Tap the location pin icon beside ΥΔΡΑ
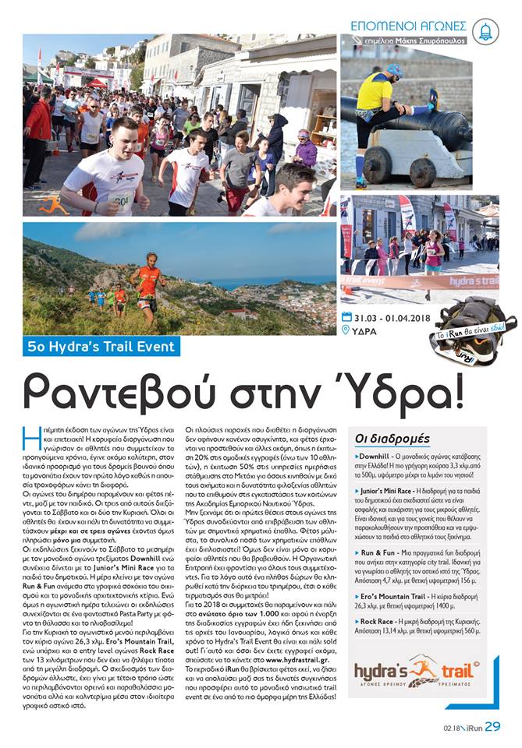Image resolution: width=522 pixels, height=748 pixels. point(346,330)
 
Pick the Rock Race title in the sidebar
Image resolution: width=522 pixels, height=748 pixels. point(379,621)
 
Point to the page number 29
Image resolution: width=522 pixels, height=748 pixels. point(492,726)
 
